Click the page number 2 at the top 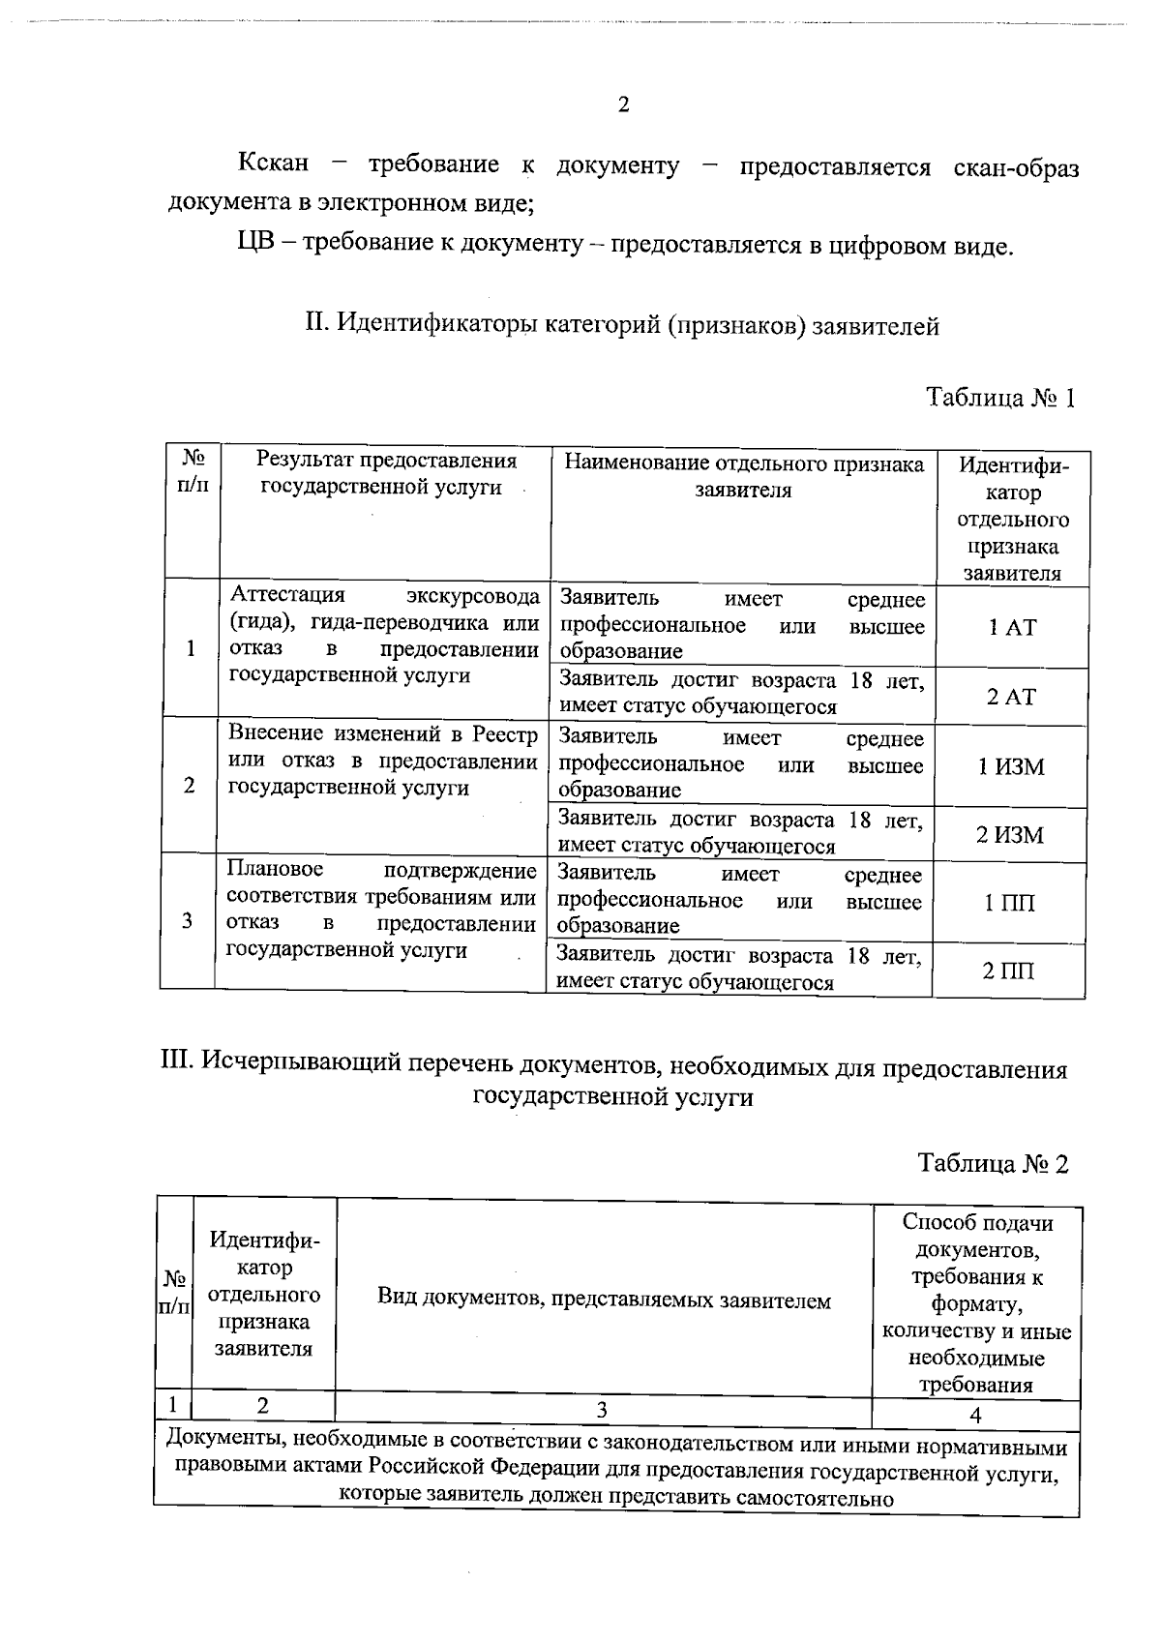coord(623,105)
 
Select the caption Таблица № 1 coord(1000,398)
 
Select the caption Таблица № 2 coord(994,1164)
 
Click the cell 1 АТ coord(1011,627)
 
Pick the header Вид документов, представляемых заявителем coord(604,1301)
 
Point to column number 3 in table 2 coord(602,1410)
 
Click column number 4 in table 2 coord(975,1415)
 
